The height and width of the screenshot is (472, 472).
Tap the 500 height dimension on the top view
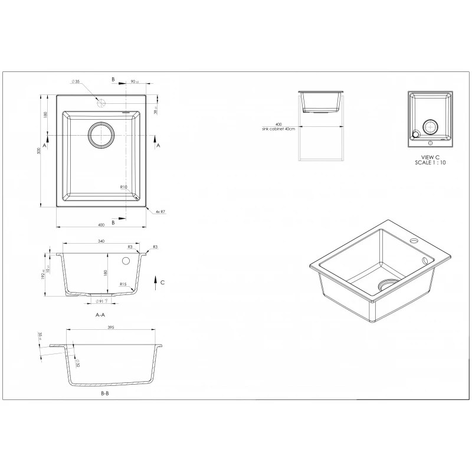tap(39, 150)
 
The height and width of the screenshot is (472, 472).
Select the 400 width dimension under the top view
tap(101, 224)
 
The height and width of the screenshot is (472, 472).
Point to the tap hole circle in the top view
tap(101, 101)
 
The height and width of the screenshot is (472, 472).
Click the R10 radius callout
tap(123, 187)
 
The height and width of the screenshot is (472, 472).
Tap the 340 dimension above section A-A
tap(101, 242)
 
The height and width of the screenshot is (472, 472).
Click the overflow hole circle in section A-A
tap(125, 261)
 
